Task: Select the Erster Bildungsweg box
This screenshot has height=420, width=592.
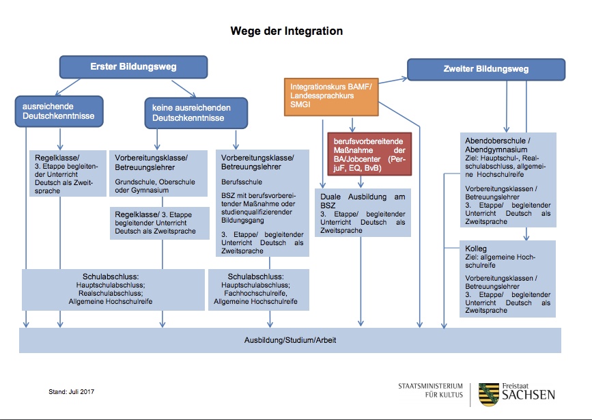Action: point(133,67)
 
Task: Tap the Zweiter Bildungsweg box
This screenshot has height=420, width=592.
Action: point(486,70)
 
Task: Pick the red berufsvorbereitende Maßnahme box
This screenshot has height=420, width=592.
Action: point(369,154)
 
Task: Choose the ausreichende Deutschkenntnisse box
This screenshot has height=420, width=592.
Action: point(58,111)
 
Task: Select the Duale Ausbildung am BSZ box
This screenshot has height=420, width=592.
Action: point(363,212)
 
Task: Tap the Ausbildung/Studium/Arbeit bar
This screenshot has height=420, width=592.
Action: point(290,340)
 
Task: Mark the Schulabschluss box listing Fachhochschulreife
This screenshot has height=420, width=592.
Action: point(258,290)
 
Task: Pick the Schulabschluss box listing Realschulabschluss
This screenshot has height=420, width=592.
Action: point(113,290)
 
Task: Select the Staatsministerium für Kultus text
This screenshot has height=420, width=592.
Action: point(430,390)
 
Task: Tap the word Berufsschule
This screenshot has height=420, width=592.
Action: point(236,184)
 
